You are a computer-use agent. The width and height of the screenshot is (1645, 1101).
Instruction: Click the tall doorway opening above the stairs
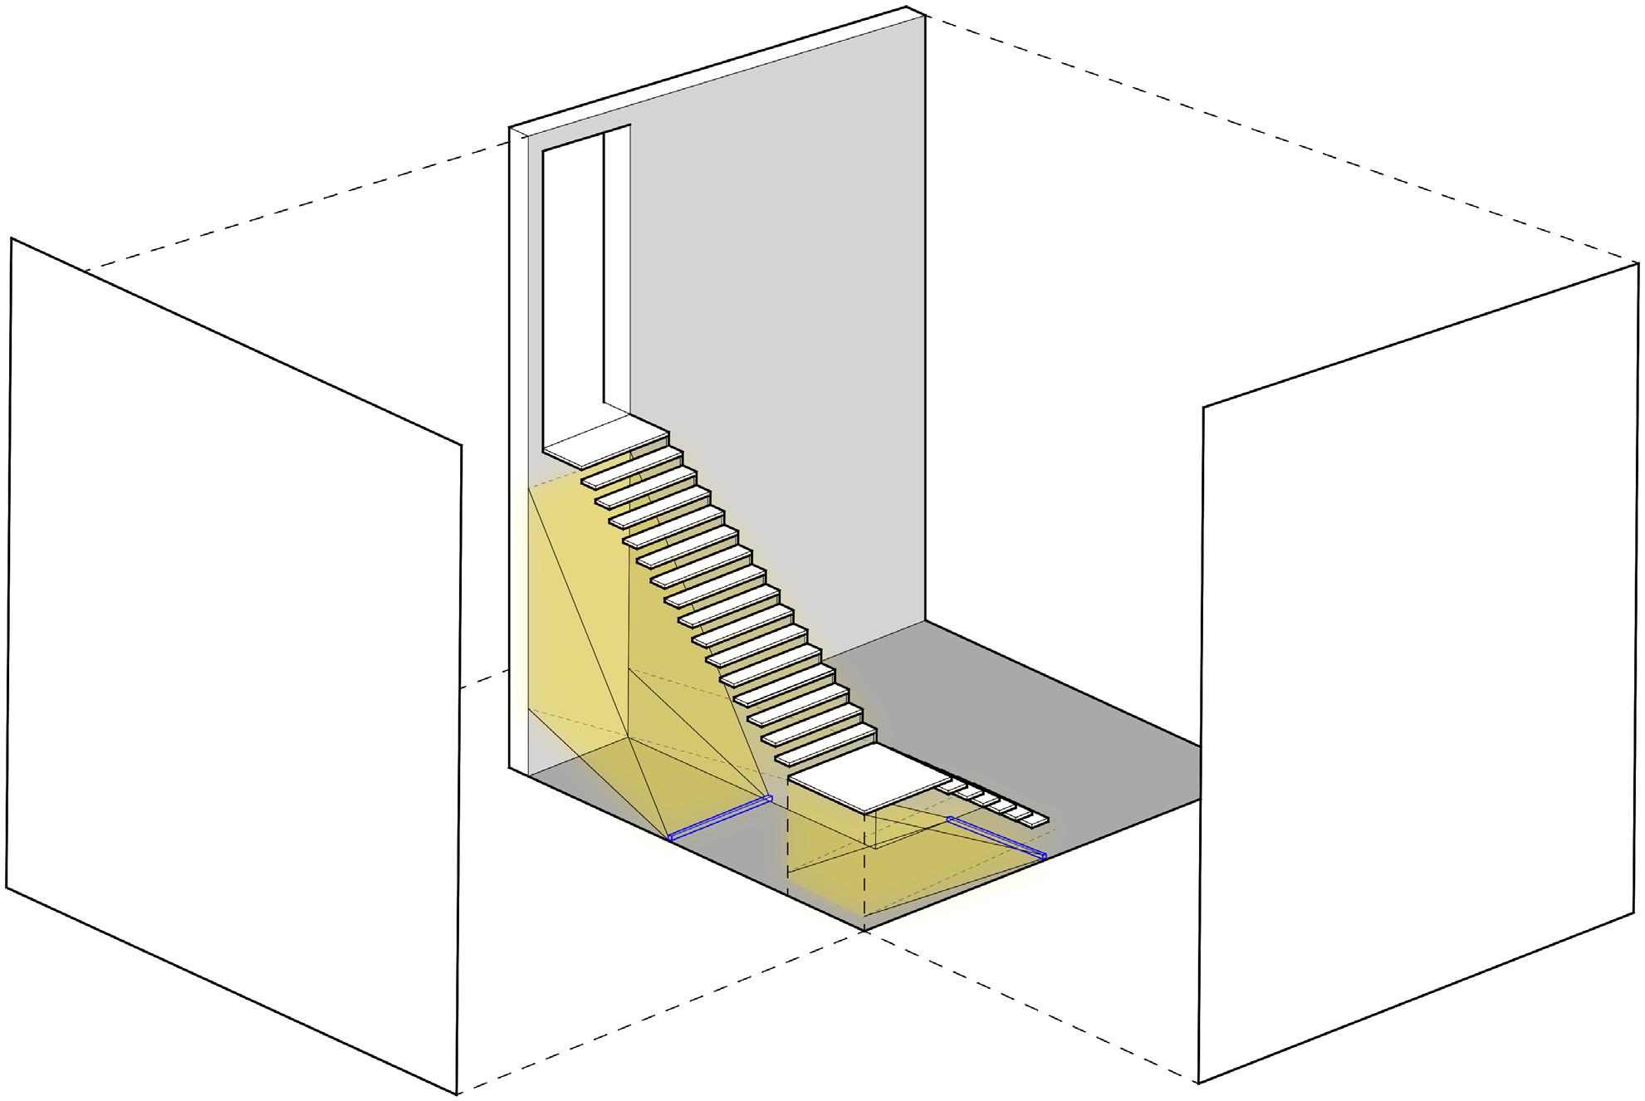point(573,282)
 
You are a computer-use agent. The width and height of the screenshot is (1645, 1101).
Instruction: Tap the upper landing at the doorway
point(605,446)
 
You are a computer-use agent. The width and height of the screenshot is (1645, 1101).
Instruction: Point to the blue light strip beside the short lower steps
point(996,837)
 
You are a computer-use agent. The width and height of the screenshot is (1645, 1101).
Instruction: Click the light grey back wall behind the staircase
point(789,332)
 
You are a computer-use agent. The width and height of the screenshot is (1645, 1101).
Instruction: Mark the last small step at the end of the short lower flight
point(1035,820)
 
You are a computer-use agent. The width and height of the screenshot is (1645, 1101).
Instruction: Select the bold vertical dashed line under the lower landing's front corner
point(865,872)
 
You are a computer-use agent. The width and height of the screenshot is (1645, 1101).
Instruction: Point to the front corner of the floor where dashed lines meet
point(865,932)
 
